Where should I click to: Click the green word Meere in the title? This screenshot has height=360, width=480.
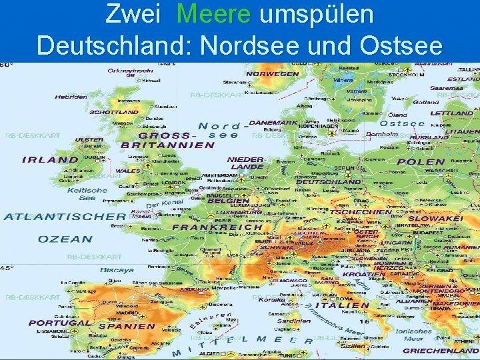click(x=215, y=15)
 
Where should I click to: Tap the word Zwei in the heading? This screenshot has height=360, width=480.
click(x=133, y=15)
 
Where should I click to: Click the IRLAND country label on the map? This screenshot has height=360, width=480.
click(x=50, y=159)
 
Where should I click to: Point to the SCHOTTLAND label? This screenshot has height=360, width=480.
click(x=114, y=112)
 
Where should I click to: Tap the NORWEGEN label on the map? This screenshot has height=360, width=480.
click(x=272, y=74)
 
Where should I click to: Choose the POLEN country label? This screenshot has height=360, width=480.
click(x=421, y=161)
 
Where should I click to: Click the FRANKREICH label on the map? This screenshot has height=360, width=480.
click(x=217, y=227)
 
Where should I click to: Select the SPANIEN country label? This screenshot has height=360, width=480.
click(x=127, y=327)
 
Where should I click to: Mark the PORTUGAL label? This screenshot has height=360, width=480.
click(x=59, y=323)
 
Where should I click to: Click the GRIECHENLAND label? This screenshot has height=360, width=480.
click(x=441, y=350)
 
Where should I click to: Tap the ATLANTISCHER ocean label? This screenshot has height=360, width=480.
click(x=64, y=216)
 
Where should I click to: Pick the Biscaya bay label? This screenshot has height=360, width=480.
click(x=117, y=271)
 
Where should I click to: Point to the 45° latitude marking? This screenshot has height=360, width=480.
click(x=6, y=267)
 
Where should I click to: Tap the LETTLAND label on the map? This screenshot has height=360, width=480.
click(x=452, y=113)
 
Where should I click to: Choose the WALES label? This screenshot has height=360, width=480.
click(x=128, y=171)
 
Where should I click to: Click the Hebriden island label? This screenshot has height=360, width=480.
click(x=71, y=97)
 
